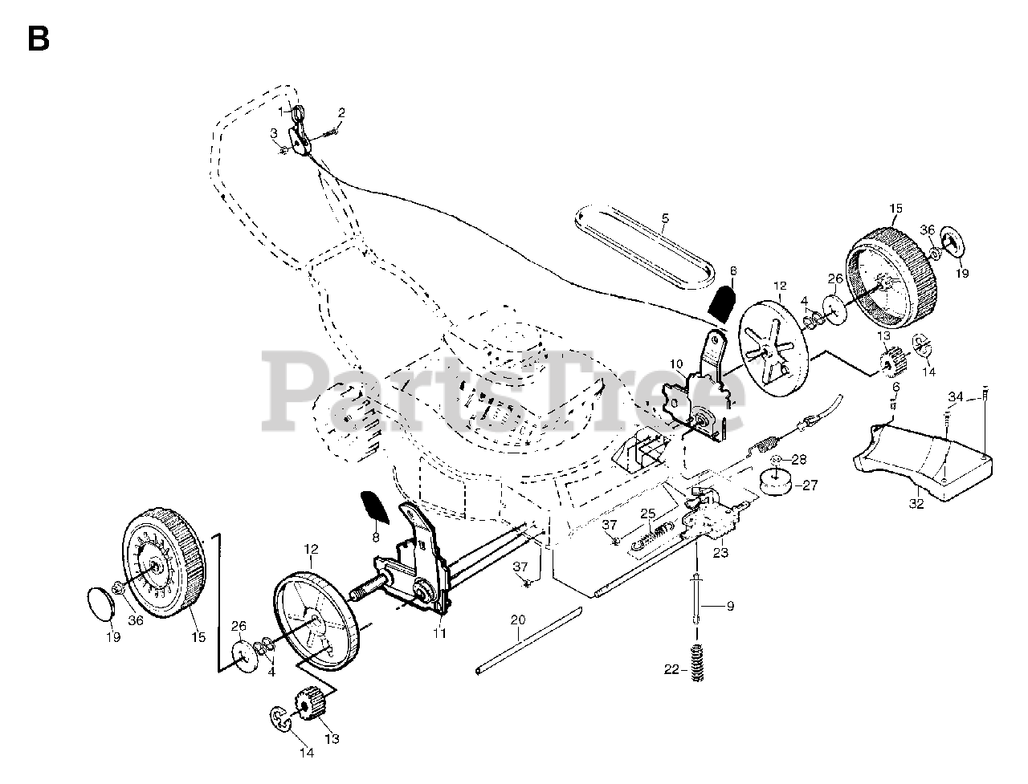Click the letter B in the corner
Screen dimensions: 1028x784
(x=38, y=38)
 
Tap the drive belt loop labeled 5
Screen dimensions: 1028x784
(x=642, y=241)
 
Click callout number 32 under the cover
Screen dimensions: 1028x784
(x=916, y=504)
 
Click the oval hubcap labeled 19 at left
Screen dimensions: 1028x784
(x=100, y=603)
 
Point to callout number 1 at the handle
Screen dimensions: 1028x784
(x=282, y=111)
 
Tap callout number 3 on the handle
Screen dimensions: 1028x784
(x=273, y=132)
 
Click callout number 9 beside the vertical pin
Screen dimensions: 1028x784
(x=730, y=607)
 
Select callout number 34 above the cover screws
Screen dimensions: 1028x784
(x=955, y=396)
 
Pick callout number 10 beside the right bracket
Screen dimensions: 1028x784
(x=676, y=364)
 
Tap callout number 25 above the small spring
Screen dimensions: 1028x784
(x=647, y=514)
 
